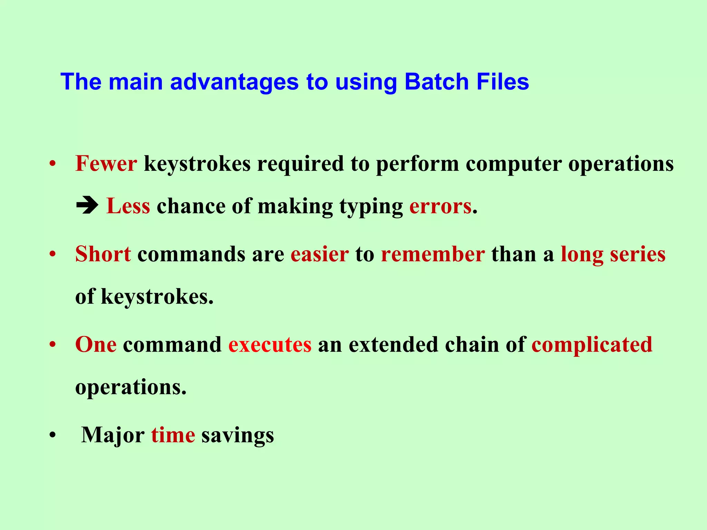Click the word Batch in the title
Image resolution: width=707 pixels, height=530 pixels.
coord(436,82)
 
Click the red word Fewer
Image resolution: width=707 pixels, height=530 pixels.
coord(106,164)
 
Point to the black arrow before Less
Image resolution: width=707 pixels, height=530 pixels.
coord(87,206)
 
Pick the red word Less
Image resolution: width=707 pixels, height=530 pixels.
coord(128,206)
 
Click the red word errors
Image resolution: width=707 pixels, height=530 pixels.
coord(440,206)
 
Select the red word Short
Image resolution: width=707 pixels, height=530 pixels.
coord(103,254)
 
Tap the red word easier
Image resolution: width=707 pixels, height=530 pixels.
coord(320,254)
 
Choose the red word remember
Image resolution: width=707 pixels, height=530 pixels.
coord(433,254)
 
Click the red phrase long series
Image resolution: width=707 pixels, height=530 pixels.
coord(613,254)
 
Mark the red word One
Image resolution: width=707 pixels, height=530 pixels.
coord(96,344)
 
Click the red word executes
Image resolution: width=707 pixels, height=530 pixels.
coord(270,344)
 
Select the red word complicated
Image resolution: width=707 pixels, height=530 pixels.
coord(592,344)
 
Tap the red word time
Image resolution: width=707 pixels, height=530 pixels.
coord(173,435)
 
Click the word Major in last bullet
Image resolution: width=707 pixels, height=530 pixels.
coord(113,435)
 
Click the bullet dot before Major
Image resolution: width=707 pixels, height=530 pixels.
coord(52,435)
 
